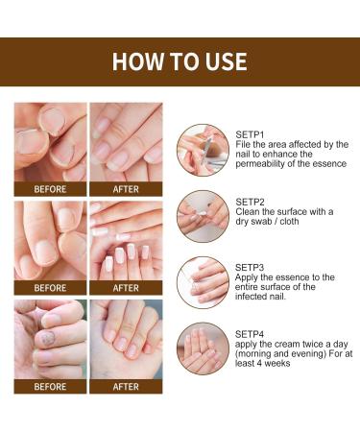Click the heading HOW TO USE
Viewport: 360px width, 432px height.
tap(180, 62)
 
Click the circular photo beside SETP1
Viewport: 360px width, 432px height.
tap(203, 149)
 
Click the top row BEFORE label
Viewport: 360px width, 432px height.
tap(50, 189)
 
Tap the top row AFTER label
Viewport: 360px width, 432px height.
tap(126, 189)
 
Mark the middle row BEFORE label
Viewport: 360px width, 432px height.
tap(50, 287)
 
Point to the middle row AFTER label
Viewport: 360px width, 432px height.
tap(126, 287)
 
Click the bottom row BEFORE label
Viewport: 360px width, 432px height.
tap(50, 386)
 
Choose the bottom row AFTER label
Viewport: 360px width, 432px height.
tap(126, 386)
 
